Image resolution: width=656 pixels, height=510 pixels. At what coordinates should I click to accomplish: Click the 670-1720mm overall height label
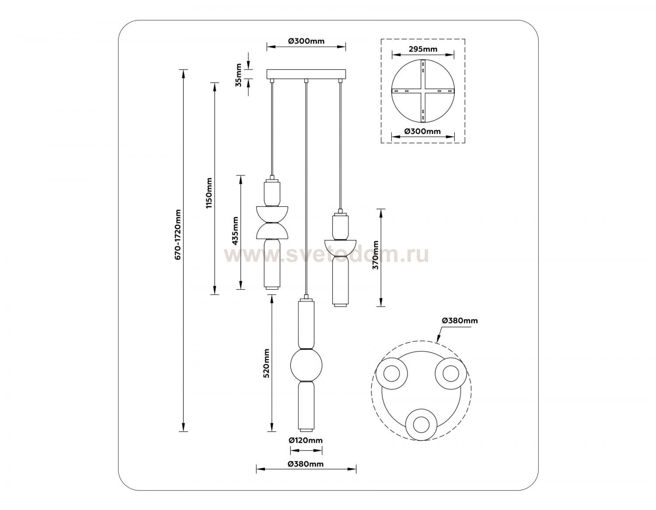[178, 235]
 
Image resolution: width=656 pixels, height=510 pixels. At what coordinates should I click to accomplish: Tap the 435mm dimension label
[235, 230]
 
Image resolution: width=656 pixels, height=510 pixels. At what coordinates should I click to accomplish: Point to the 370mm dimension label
[376, 255]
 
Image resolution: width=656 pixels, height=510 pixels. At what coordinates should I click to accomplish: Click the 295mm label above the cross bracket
[422, 49]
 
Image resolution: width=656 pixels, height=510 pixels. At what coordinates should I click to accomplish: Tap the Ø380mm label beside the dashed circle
[460, 321]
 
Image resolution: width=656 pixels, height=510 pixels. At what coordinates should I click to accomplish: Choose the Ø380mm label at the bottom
[306, 464]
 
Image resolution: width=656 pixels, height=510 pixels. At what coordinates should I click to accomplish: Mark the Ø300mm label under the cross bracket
[422, 131]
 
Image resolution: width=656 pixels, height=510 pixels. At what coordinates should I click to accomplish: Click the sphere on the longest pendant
[306, 365]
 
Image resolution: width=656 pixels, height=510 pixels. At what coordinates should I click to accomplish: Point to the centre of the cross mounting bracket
[422, 91]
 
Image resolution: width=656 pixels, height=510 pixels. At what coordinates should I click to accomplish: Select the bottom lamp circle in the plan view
[422, 425]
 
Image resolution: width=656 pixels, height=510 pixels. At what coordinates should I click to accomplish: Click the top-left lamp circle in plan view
[392, 374]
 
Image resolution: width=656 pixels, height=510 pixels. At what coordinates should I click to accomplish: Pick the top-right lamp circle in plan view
[451, 374]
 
